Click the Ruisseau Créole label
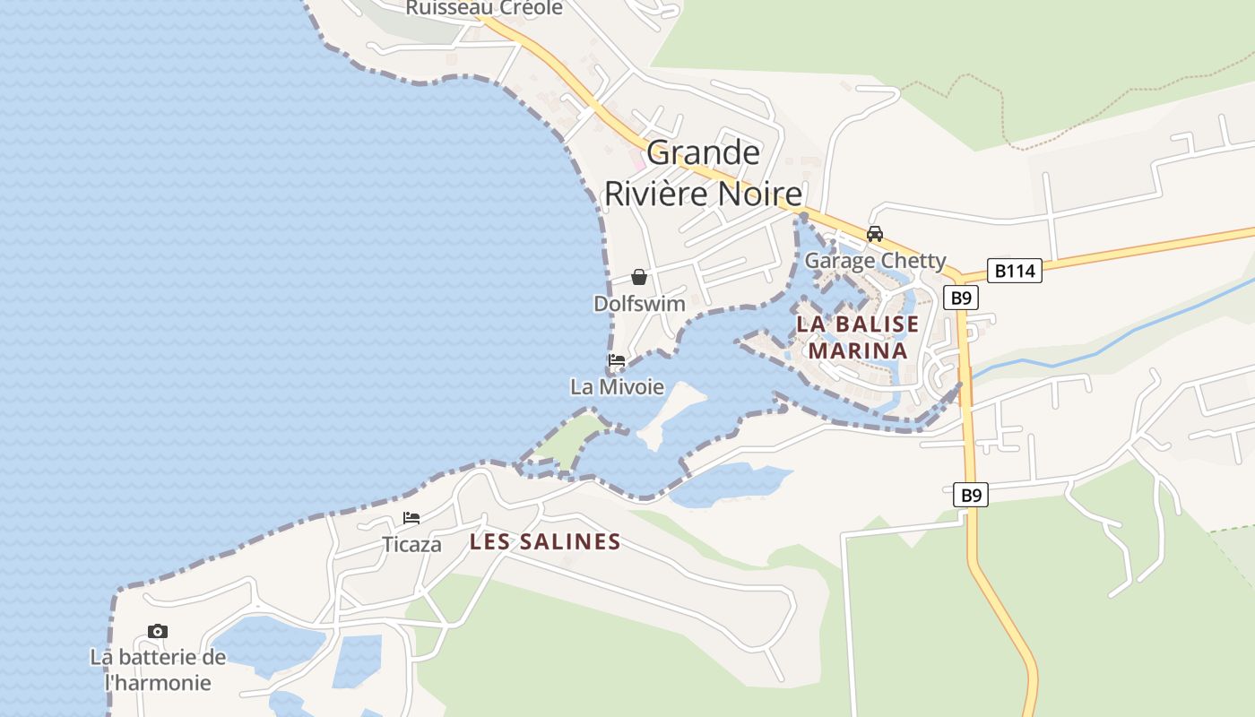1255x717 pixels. pos(484,8)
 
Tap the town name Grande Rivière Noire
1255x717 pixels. pos(703,173)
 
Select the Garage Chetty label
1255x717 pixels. pos(875,261)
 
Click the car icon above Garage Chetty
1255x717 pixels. pos(875,234)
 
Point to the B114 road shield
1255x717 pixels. pos(1015,271)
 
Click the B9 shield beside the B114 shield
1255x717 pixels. pos(961,298)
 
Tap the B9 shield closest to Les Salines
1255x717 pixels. pos(970,495)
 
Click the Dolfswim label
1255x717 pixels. pos(639,304)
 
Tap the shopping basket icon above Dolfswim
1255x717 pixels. pos(639,277)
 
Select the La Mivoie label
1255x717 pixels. pos(618,387)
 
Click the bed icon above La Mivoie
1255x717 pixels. pos(617,360)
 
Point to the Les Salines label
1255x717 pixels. pos(545,541)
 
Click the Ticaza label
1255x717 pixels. pos(411,544)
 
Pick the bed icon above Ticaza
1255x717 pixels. pos(411,518)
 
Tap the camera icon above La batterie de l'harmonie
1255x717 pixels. pos(158,632)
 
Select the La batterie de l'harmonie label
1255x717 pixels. pos(158,669)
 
